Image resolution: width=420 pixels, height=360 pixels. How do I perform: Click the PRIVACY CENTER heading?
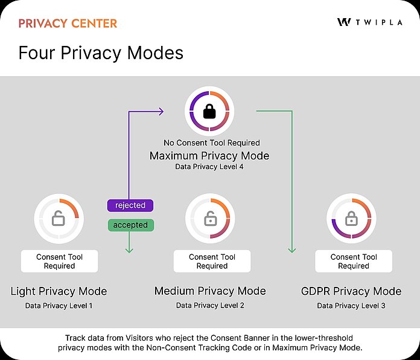[x=68, y=24]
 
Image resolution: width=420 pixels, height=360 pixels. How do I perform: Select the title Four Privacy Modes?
[x=101, y=53]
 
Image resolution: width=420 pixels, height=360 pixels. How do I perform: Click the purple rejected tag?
[x=130, y=205]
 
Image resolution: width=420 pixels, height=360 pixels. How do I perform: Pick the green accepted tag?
[x=130, y=225]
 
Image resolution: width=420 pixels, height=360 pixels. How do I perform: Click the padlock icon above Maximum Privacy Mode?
[x=209, y=112]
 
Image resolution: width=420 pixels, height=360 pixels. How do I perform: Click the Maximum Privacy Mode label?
[x=209, y=156]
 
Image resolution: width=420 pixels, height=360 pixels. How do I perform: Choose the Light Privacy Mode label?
[x=59, y=291]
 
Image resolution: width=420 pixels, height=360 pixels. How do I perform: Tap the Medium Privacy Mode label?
[x=210, y=291]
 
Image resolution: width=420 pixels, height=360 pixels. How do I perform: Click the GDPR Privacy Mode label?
[x=351, y=291]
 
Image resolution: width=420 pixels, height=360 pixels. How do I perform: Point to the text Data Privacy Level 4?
[x=209, y=167]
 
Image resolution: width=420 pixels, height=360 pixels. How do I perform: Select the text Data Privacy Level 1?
[x=59, y=306]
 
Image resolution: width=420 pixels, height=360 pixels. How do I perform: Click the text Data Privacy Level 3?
[x=351, y=306]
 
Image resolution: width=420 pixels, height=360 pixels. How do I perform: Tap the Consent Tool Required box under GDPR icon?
[x=354, y=261]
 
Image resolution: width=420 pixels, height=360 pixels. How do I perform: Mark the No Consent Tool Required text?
[x=212, y=143]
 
